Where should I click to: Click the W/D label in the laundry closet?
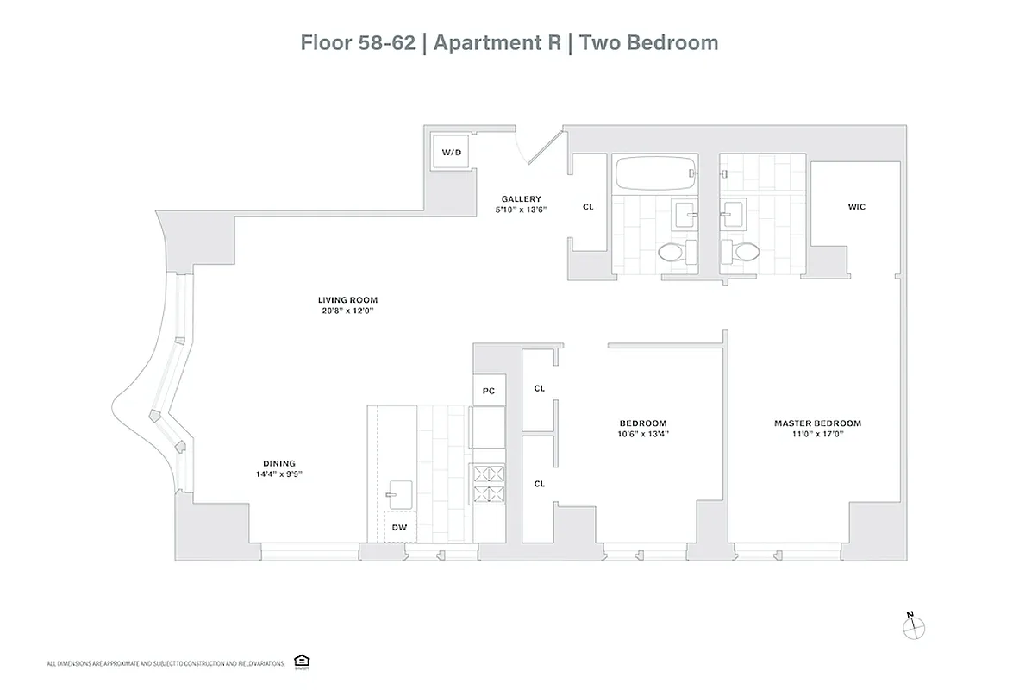tap(452, 153)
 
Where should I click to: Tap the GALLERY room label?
tap(521, 199)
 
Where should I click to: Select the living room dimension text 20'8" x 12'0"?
tap(347, 311)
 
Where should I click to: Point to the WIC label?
tap(856, 207)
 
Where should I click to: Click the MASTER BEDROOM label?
tap(817, 423)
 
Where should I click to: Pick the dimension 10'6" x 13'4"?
tap(643, 435)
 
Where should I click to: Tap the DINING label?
tap(278, 462)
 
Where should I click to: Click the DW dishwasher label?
tap(399, 527)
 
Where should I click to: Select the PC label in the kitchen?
tap(488, 391)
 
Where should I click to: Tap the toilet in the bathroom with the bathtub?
tap(672, 253)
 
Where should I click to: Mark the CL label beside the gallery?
tap(588, 207)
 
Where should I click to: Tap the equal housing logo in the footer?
tap(301, 662)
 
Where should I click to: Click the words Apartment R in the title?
tap(497, 42)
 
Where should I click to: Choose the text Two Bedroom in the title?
tap(648, 42)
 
